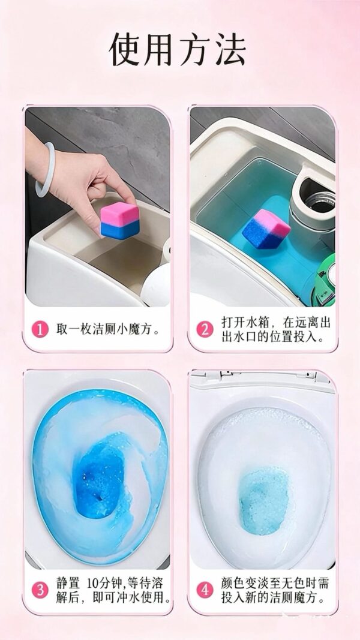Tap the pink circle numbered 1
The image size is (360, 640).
40,329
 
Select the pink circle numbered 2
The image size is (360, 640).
205,329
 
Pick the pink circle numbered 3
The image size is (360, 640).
40,590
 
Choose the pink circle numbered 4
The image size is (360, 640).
205,590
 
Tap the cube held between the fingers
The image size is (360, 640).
120,220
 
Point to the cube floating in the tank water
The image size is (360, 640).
266,229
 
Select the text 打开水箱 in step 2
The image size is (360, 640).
245,322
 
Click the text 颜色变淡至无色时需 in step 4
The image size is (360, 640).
275,583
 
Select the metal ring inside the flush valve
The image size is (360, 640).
320,201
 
